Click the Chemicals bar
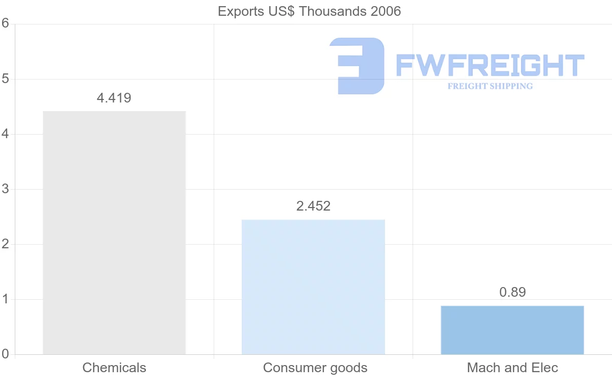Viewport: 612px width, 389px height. pyautogui.click(x=114, y=232)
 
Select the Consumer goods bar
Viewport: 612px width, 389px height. pyautogui.click(x=313, y=287)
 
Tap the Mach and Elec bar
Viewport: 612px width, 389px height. pyautogui.click(x=512, y=330)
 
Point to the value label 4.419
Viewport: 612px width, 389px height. pyautogui.click(x=114, y=98)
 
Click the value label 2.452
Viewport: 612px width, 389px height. pyautogui.click(x=313, y=206)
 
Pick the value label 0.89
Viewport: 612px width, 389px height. pyautogui.click(x=512, y=292)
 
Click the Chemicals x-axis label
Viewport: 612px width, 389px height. pyautogui.click(x=114, y=368)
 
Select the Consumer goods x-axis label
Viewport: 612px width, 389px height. pyautogui.click(x=315, y=368)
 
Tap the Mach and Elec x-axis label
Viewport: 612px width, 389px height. pyautogui.click(x=513, y=368)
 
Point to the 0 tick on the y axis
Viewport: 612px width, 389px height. pyautogui.click(x=6, y=354)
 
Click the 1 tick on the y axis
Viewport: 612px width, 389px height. pyautogui.click(x=6, y=299)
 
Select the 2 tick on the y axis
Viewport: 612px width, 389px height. pyautogui.click(x=6, y=244)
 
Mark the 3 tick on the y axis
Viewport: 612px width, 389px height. pyautogui.click(x=6, y=189)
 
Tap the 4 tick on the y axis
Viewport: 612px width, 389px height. pyautogui.click(x=6, y=134)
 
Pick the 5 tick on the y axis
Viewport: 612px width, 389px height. pyautogui.click(x=6, y=79)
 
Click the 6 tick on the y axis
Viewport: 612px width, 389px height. pyautogui.click(x=6, y=23)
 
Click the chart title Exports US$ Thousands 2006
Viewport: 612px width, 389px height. pyautogui.click(x=310, y=11)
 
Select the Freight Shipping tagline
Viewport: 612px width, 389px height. pyautogui.click(x=490, y=86)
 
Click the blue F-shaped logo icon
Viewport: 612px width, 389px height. pyautogui.click(x=357, y=66)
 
